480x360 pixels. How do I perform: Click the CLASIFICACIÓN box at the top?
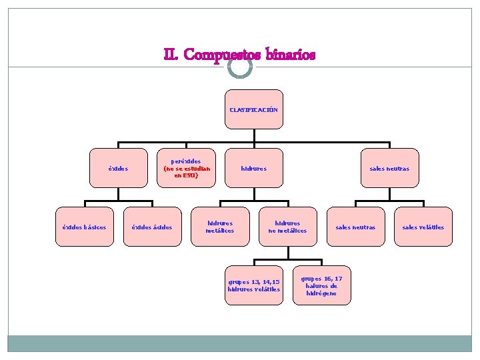click(253, 109)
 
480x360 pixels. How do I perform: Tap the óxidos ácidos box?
click(152, 227)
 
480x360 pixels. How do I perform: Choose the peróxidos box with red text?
click(187, 168)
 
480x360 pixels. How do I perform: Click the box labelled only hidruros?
click(253, 169)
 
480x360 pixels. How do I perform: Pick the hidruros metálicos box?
click(221, 227)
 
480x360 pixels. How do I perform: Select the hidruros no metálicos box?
click(287, 227)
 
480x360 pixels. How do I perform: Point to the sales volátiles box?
click(423, 227)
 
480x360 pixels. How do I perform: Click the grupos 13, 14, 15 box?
click(253, 285)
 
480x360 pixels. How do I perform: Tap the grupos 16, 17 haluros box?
click(321, 285)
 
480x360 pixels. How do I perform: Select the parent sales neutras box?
click(389, 169)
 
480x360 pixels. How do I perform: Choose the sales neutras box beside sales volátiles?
click(355, 227)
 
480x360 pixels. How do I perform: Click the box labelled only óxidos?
click(119, 169)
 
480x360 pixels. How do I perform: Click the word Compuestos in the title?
click(221, 55)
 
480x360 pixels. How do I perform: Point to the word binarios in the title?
click(290, 55)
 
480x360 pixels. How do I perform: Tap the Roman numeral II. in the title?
click(171, 55)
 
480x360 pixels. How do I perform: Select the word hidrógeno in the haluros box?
click(321, 293)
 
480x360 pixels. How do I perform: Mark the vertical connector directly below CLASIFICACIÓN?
click(253, 135)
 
